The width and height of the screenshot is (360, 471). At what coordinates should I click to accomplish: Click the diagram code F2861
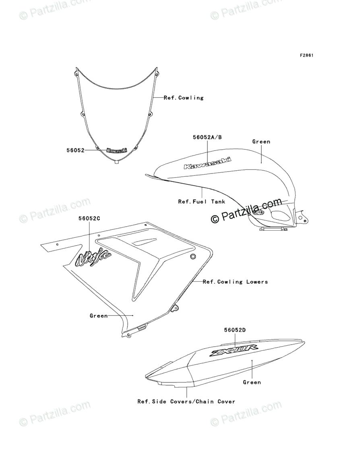pos(306,55)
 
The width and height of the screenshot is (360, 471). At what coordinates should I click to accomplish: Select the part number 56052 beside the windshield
pos(75,150)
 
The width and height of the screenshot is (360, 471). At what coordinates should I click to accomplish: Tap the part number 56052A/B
pos(207,137)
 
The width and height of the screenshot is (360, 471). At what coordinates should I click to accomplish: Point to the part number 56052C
pos(89,218)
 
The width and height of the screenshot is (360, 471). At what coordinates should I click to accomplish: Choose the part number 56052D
pos(235,330)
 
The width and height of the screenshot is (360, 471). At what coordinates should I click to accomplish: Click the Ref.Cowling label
pos(184,97)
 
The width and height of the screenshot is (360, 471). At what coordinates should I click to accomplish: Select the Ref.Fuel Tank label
pos(202,201)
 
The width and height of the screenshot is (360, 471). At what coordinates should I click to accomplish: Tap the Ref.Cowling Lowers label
pos(235,282)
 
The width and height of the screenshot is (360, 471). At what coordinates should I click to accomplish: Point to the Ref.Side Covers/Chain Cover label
pos(186,401)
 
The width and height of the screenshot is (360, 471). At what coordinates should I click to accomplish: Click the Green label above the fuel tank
pos(261,142)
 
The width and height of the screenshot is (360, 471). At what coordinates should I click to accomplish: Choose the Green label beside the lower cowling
pos(99,316)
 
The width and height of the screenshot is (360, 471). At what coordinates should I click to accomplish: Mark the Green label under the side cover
pos(252,382)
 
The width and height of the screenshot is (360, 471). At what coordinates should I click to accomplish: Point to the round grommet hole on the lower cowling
pos(192,256)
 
